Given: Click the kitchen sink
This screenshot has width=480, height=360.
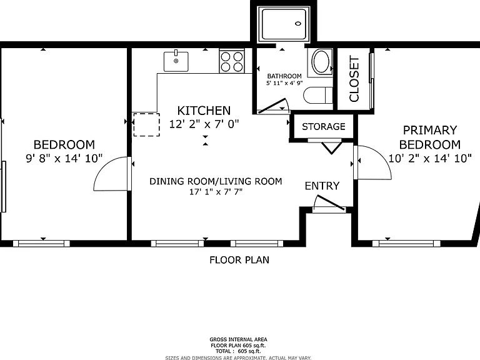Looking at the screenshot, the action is click(x=176, y=61).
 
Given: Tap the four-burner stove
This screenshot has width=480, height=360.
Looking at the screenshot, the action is click(x=232, y=62).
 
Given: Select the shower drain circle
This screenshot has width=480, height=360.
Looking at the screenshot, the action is click(x=298, y=24).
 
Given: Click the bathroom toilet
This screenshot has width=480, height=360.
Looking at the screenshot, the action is click(x=317, y=95).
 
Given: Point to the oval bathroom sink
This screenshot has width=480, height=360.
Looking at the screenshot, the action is click(x=321, y=61).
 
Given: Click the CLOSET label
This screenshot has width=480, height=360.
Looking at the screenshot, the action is click(x=354, y=79).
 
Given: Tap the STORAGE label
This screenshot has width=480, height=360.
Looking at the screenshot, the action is click(x=324, y=126).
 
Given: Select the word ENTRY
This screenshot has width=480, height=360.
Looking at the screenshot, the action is click(x=322, y=186).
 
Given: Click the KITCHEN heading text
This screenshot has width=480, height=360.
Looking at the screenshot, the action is click(x=204, y=111).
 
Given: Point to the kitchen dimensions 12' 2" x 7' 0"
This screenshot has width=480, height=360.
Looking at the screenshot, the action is click(x=204, y=124).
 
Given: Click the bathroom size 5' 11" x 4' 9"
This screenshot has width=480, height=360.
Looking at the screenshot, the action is click(x=284, y=83).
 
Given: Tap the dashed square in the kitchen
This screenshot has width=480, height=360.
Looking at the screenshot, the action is click(x=146, y=124).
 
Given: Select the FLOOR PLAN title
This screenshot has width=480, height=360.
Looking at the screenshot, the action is click(x=239, y=260).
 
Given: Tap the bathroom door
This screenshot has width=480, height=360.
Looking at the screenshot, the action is click(x=272, y=106).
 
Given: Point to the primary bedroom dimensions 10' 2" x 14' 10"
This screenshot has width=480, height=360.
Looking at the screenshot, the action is click(x=430, y=158).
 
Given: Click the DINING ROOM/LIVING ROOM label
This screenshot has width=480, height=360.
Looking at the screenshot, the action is click(x=216, y=181).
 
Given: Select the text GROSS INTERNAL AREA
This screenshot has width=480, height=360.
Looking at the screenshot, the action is click(x=238, y=339).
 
